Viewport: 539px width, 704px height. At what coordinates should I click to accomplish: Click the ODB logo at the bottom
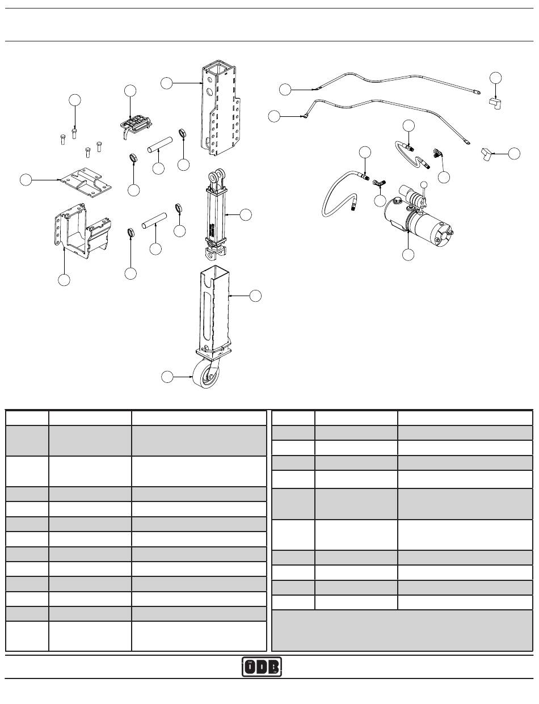tap(262, 667)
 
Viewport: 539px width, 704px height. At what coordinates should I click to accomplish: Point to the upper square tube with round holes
tap(217, 111)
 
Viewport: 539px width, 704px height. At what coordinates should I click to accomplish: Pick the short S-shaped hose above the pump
tap(412, 153)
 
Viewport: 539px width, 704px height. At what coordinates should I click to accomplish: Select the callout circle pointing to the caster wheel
tap(167, 377)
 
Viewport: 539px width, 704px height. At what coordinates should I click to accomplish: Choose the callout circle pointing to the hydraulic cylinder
tap(246, 214)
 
